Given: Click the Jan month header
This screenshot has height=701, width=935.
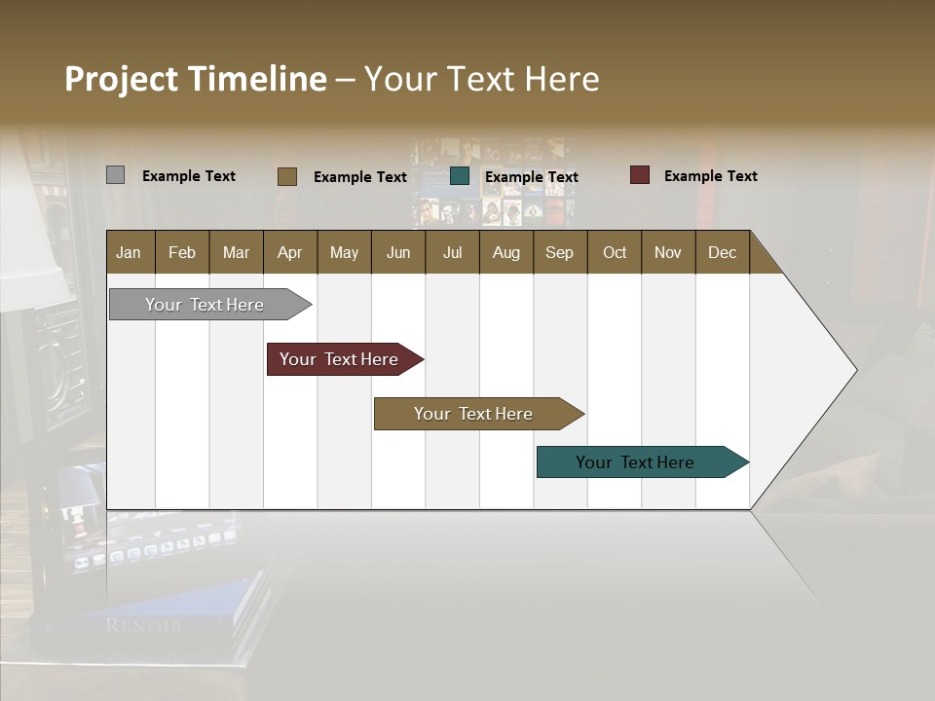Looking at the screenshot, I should click(129, 252).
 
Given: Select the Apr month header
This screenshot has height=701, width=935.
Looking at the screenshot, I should click(289, 252).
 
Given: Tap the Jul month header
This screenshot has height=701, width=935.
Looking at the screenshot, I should click(452, 252).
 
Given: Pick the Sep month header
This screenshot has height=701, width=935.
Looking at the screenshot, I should click(559, 252).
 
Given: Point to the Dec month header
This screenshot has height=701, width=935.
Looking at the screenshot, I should click(722, 252).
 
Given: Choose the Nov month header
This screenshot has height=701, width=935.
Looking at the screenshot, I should click(667, 252).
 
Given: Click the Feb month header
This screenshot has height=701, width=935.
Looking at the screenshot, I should click(182, 252).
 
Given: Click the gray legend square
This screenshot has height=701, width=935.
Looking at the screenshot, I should click(115, 175).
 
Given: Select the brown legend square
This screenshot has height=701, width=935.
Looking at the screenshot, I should click(286, 176).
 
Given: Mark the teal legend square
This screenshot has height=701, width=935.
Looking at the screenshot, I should click(460, 176).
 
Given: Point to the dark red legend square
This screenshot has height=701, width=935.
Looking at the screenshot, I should click(639, 175).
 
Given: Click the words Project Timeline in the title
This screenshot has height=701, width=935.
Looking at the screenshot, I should click(195, 79).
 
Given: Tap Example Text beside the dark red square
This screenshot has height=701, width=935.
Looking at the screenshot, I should click(710, 176).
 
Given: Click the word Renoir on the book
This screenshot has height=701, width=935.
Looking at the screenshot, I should click(143, 625).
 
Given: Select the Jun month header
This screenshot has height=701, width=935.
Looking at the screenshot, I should click(397, 252).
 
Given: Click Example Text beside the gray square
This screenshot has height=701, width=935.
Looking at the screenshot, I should click(188, 176).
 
